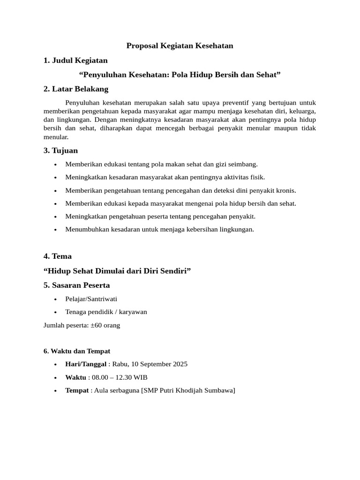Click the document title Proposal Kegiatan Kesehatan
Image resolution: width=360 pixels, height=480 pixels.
pos(180,45)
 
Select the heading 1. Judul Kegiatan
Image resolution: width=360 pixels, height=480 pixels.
pos(75,60)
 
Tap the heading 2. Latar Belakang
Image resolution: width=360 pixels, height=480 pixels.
pos(76,89)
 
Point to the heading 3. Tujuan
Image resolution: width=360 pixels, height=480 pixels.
pos(60,150)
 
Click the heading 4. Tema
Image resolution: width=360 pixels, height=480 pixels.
pos(58,256)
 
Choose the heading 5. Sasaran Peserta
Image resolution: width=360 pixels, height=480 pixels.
pos(77,285)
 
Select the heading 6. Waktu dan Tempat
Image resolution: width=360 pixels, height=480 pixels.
pos(77,351)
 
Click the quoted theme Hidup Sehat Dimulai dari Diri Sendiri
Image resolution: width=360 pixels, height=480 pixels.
pos(117,270)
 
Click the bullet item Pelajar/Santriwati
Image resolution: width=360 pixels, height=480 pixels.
pos(91,299)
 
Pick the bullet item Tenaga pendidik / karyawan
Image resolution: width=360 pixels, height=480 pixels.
pos(106,312)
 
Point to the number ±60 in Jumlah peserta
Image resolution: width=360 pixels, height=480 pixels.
pos(97,325)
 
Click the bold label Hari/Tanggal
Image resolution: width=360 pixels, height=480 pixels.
pos(86,364)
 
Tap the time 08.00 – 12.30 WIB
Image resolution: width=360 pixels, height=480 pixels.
pos(120,377)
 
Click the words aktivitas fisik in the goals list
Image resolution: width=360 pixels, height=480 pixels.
pos(245,177)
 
